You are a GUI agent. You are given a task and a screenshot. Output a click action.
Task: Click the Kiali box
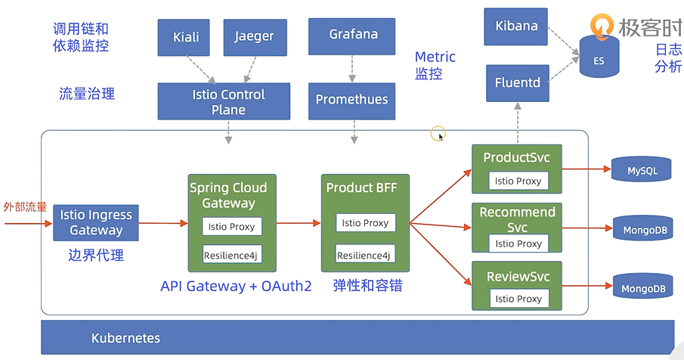tap(184, 38)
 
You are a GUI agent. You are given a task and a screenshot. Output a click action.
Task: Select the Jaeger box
tap(255, 38)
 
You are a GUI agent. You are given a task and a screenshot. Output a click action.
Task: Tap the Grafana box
tap(351, 36)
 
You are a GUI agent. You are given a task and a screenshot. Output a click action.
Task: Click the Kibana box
tap(515, 26)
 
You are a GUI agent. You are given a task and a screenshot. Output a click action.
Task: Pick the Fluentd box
tap(518, 83)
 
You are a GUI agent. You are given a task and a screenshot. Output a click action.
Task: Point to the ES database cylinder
tap(599, 57)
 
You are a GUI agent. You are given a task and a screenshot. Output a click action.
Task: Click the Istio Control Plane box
tap(224, 101)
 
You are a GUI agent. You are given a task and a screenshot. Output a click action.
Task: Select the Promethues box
tap(351, 101)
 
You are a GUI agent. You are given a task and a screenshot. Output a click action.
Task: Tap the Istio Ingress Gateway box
tap(96, 222)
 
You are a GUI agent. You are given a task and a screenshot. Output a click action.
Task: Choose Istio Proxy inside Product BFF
tap(366, 223)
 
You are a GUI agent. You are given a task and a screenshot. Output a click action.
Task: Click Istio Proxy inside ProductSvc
tap(518, 181)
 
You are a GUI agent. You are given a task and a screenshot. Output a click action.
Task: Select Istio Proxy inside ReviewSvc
tap(518, 299)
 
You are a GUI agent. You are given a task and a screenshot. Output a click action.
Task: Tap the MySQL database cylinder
tap(641, 169)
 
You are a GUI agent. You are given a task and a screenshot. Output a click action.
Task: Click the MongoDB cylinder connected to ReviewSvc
tap(643, 287)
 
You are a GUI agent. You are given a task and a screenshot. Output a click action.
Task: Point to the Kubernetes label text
tap(125, 338)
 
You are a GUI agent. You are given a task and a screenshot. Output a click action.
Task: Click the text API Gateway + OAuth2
tap(236, 286)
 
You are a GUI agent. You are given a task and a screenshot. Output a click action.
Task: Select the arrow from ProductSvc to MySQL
tap(587, 169)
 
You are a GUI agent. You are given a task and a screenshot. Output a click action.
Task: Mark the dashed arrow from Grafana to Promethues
tap(352, 69)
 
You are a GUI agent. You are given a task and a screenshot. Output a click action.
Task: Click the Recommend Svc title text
tap(518, 219)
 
